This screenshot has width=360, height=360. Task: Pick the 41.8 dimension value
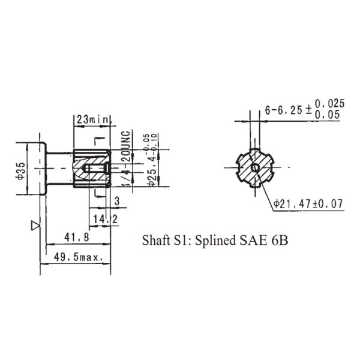tap(77, 238)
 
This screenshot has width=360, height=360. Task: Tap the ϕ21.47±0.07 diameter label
tap(308, 204)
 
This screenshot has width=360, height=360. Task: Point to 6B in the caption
tap(278, 241)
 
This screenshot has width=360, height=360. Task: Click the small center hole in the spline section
tap(255, 167)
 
